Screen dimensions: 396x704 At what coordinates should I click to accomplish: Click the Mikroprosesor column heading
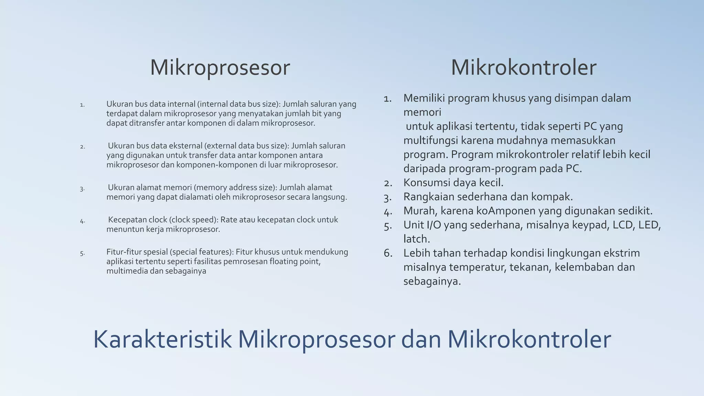(x=220, y=68)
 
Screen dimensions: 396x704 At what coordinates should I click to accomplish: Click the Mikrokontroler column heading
(x=523, y=68)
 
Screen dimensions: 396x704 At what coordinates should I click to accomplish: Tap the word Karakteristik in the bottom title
(x=162, y=340)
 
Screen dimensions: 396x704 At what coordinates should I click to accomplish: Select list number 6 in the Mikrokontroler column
(x=388, y=253)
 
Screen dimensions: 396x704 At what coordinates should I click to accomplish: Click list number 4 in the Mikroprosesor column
(x=82, y=221)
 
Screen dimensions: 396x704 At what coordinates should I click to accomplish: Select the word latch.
(x=416, y=239)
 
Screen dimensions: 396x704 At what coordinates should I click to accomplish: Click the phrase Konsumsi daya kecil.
(x=453, y=183)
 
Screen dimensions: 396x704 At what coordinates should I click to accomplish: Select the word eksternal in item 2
(x=185, y=146)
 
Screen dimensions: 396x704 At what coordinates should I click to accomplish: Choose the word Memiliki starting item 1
(x=424, y=98)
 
